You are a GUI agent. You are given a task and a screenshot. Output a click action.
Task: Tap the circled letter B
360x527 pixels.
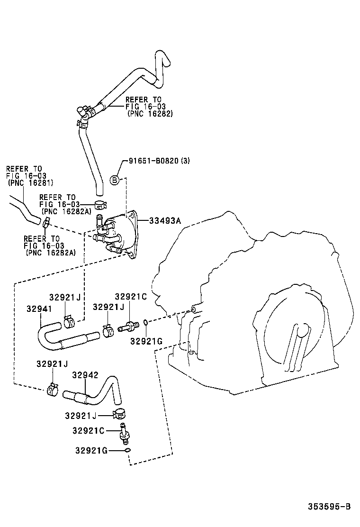click(115, 180)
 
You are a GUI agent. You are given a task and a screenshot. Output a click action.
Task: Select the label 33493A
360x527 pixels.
click(165, 220)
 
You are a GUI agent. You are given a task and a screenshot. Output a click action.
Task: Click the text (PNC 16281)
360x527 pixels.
click(31, 182)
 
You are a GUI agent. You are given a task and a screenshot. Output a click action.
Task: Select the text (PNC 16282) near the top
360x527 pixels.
click(150, 114)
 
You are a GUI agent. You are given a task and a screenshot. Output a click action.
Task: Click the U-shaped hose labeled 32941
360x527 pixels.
click(62, 336)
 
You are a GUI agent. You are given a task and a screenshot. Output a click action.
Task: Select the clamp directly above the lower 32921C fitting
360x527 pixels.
click(120, 414)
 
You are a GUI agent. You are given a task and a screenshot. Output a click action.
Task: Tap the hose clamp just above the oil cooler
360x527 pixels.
click(100, 205)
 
